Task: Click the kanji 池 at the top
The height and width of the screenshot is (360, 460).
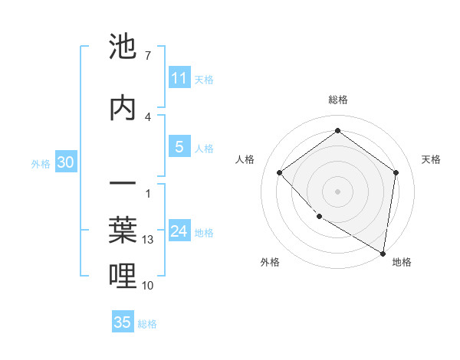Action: click(123, 47)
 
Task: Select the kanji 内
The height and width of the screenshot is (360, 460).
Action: click(123, 108)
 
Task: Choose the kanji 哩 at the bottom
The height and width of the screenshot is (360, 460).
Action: click(123, 276)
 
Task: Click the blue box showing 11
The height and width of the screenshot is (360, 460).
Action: click(179, 78)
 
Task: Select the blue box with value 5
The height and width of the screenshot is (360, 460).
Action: click(179, 147)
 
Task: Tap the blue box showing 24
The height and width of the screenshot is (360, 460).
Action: click(179, 231)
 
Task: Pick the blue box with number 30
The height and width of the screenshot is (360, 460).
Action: click(65, 162)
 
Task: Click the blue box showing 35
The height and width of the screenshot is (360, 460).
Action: click(123, 322)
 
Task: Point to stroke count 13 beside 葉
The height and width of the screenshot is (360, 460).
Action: click(149, 240)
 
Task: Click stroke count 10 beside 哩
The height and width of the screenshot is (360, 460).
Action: click(149, 286)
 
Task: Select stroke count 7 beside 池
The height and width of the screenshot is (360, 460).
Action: click(148, 56)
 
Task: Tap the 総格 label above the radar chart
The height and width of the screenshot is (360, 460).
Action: click(338, 100)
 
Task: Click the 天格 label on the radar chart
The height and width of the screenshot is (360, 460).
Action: click(431, 159)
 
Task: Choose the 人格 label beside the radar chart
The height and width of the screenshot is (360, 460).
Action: click(245, 159)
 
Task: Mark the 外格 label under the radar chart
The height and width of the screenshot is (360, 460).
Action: click(270, 262)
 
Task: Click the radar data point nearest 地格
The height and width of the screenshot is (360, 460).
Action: click(383, 253)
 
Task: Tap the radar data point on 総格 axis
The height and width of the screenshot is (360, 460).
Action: click(337, 130)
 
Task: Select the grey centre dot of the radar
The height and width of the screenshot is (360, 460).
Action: click(337, 191)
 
